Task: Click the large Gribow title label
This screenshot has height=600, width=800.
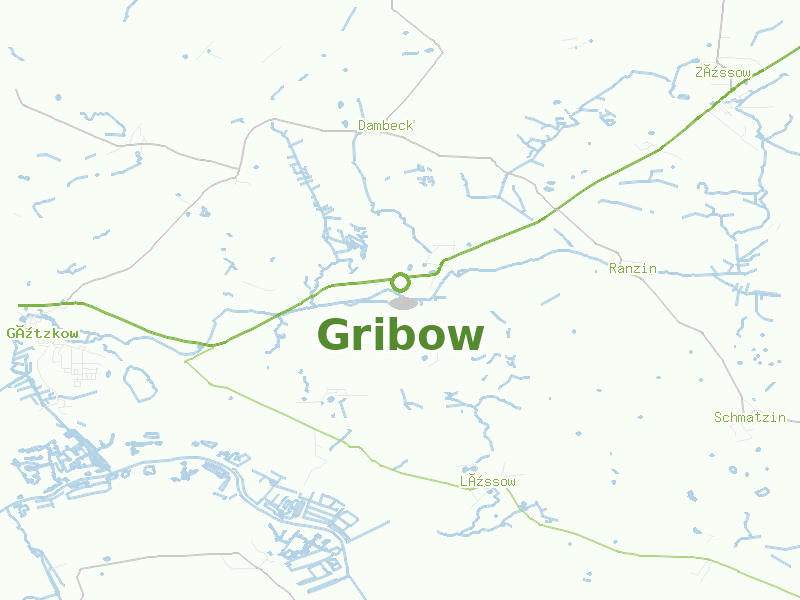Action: click(x=400, y=336)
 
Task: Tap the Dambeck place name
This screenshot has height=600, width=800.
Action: click(x=385, y=125)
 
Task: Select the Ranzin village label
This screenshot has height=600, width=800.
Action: click(x=633, y=268)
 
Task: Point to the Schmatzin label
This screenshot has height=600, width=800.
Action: click(x=750, y=417)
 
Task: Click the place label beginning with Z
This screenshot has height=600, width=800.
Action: click(x=723, y=72)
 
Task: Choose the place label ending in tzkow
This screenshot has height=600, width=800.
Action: click(x=42, y=333)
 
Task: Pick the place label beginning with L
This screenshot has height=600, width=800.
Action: click(x=488, y=482)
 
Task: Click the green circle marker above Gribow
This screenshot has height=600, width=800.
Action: click(x=400, y=281)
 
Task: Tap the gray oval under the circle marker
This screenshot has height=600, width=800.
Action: click(x=402, y=302)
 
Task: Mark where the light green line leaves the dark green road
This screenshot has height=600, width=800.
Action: click(x=186, y=361)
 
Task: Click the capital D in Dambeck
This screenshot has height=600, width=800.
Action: click(x=362, y=125)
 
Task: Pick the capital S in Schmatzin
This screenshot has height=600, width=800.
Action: click(x=718, y=417)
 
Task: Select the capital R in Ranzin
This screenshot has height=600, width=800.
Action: click(x=613, y=268)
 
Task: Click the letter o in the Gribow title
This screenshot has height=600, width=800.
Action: click(x=430, y=340)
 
